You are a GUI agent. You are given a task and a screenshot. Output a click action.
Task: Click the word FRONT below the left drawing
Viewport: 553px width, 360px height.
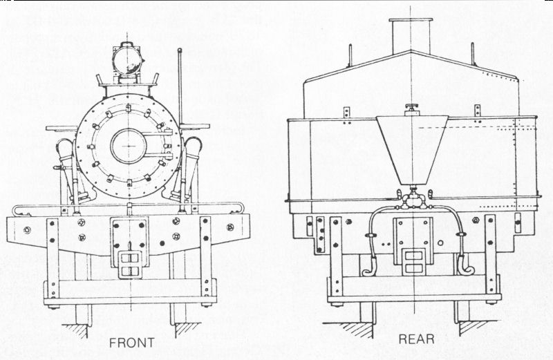(x=131, y=342)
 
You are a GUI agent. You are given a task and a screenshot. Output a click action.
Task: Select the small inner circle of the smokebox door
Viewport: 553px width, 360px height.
(x=129, y=146)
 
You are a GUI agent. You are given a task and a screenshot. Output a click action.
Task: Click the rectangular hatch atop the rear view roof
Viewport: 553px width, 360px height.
(x=411, y=35)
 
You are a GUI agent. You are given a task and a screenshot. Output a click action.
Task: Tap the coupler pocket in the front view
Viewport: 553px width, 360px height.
(x=129, y=261)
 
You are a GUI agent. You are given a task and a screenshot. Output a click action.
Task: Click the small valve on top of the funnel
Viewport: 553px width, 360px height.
(x=413, y=108)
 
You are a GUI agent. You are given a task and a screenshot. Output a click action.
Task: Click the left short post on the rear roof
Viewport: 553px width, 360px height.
(x=350, y=55)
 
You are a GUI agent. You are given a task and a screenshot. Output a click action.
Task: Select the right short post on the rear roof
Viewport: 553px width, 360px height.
(x=473, y=54)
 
